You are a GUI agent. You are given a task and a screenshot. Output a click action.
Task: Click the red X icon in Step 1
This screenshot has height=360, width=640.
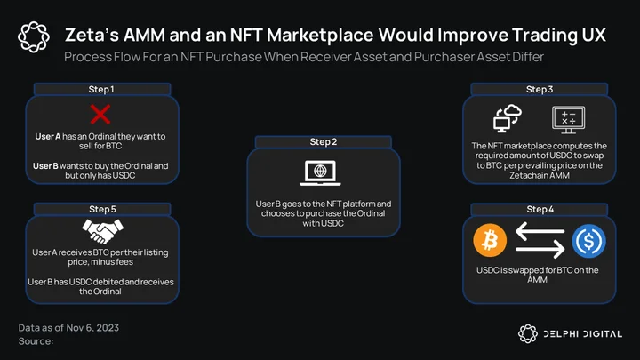[x=100, y=115]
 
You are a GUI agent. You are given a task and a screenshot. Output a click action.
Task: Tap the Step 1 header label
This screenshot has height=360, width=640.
[x=101, y=90]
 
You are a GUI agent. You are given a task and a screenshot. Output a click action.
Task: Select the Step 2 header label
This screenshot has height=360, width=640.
[x=324, y=141]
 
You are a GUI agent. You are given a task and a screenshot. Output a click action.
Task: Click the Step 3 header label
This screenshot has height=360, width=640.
[x=540, y=90]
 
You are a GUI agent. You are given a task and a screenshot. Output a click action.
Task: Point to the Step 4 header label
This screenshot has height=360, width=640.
[x=540, y=210]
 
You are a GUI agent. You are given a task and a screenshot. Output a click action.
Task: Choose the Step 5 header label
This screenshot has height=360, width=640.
[x=102, y=210]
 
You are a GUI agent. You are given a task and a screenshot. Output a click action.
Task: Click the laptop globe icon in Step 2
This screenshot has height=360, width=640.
[x=320, y=173]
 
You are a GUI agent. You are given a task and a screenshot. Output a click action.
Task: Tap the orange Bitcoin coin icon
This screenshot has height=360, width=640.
[x=490, y=240]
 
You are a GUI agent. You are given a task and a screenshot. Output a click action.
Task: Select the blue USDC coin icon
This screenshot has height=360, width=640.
[x=588, y=241]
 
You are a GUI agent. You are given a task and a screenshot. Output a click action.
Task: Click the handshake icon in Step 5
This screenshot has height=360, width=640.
[x=102, y=231]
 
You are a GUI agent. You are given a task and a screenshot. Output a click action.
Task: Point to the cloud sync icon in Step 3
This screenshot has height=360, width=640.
[x=508, y=118]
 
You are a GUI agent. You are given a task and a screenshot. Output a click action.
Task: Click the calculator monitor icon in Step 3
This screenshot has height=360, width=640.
[x=569, y=120]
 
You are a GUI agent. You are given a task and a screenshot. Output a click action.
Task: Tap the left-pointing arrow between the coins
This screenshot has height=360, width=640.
[x=540, y=231]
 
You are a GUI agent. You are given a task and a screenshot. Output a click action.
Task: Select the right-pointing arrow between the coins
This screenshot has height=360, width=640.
[x=540, y=248]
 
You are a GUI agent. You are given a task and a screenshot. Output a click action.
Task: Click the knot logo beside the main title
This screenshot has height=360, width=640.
[x=34, y=37]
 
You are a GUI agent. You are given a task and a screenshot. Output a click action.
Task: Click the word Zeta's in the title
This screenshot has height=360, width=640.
[x=92, y=35]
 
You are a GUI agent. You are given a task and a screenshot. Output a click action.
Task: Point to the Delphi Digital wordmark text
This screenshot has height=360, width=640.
[x=582, y=334]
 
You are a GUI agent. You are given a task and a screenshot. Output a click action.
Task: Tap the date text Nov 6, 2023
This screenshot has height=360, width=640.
[x=92, y=328]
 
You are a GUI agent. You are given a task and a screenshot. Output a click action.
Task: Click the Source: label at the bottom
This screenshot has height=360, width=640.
[x=36, y=341]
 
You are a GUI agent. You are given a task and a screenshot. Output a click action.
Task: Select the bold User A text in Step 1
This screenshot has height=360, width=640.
[x=48, y=136]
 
